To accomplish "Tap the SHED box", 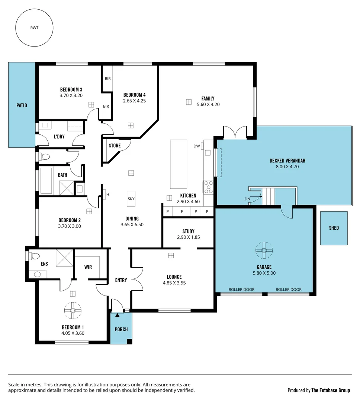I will point(334,228).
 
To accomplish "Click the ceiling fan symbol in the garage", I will point(264,250).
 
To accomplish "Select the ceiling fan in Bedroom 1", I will point(73,310).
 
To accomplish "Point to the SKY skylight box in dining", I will point(131,199).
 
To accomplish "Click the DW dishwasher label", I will point(196,146).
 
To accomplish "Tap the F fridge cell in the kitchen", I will point(182,212).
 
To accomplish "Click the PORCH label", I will point(121,329).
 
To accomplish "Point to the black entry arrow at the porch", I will point(118,316).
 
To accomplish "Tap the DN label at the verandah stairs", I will point(247,199).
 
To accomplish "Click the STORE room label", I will point(115,146).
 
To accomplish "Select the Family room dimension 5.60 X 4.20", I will point(208,105).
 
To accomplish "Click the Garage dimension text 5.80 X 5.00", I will point(264,273).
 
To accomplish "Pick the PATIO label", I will point(22,105).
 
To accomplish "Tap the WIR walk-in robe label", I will point(88,267).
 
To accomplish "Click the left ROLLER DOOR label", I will point(241,290).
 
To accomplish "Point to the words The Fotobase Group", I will point(330,390).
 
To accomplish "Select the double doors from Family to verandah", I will point(235,133).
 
